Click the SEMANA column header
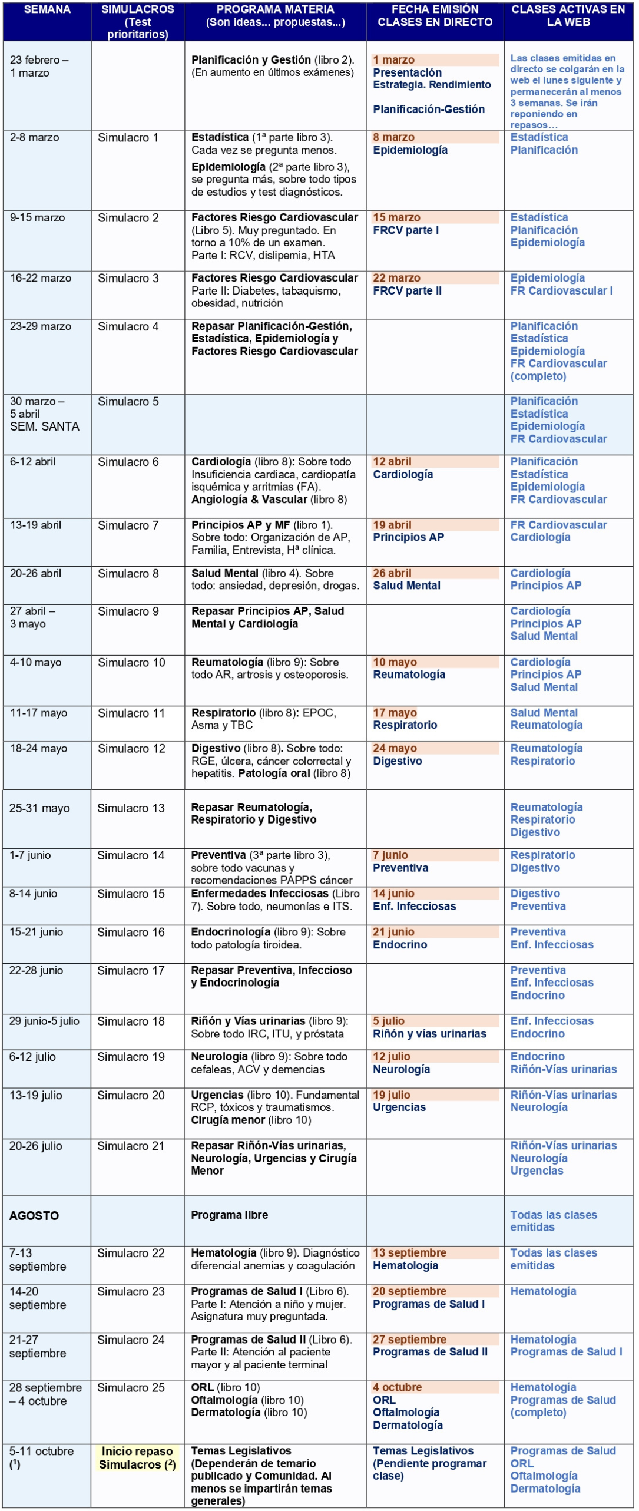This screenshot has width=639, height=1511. pyautogui.click(x=47, y=9)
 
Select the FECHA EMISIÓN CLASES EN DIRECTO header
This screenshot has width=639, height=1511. pyautogui.click(x=435, y=16)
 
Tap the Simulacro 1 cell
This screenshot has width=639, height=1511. pyautogui.click(x=128, y=138)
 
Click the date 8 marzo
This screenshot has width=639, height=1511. pyautogui.click(x=393, y=138)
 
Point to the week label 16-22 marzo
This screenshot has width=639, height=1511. pyautogui.click(x=41, y=278)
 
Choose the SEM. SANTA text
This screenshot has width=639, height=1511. pyautogui.click(x=45, y=426)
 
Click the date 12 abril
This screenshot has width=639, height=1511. pyautogui.click(x=392, y=462)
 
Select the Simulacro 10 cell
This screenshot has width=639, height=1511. pyautogui.click(x=131, y=663)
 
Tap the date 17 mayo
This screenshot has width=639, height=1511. pyautogui.click(x=395, y=713)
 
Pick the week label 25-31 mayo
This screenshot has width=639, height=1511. pyautogui.click(x=39, y=808)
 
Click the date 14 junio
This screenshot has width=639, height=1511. pyautogui.click(x=393, y=894)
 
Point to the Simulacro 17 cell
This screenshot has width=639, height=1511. pyautogui.click(x=131, y=970)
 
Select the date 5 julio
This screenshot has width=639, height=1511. pyautogui.click(x=389, y=1021)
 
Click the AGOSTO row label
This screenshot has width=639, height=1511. pyautogui.click(x=34, y=1215)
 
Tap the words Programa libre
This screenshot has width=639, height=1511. pyautogui.click(x=229, y=1215)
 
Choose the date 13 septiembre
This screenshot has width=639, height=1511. pyautogui.click(x=409, y=1253)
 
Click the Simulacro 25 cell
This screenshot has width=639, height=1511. pyautogui.click(x=131, y=1387)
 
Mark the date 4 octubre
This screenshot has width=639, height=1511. pyautogui.click(x=397, y=1387)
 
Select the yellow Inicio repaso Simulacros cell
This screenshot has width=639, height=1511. pyautogui.click(x=137, y=1457)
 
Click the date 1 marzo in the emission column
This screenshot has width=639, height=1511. pyautogui.click(x=393, y=60)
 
